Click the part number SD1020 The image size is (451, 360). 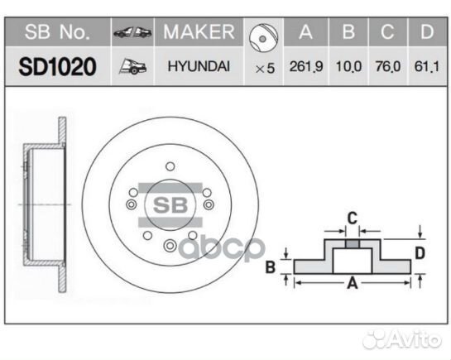(58, 66)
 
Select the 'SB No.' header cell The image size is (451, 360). (57, 32)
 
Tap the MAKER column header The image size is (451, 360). (199, 32)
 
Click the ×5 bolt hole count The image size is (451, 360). (265, 69)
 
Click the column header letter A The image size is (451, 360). (305, 33)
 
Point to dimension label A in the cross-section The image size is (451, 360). (352, 284)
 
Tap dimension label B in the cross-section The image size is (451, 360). (271, 266)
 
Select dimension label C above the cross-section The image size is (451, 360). (351, 218)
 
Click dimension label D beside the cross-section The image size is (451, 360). (420, 252)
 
